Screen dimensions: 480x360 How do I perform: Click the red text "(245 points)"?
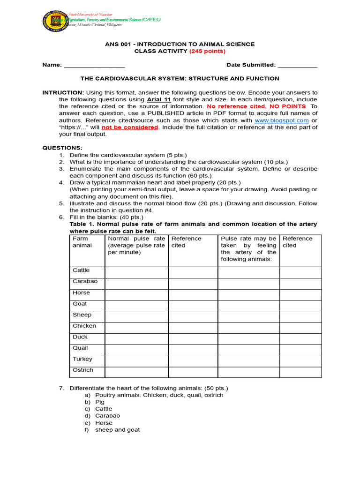point(207,51)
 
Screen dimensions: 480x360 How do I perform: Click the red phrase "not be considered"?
point(130,127)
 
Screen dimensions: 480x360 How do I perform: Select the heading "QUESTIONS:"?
point(62,148)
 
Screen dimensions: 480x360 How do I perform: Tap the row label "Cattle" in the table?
point(81,270)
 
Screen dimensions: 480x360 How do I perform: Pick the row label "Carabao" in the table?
point(85,281)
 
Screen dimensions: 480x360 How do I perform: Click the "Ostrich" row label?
point(83,370)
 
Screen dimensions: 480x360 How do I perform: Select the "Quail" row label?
point(80,348)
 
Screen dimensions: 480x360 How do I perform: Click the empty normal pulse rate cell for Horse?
point(136,294)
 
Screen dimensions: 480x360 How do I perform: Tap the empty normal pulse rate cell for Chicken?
point(136,328)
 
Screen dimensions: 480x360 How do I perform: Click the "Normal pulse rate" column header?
point(136,245)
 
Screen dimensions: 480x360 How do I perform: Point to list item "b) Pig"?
point(95,402)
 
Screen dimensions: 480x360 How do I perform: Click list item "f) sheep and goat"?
point(112,430)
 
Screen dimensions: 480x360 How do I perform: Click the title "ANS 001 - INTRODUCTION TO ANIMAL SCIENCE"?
point(180,44)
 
